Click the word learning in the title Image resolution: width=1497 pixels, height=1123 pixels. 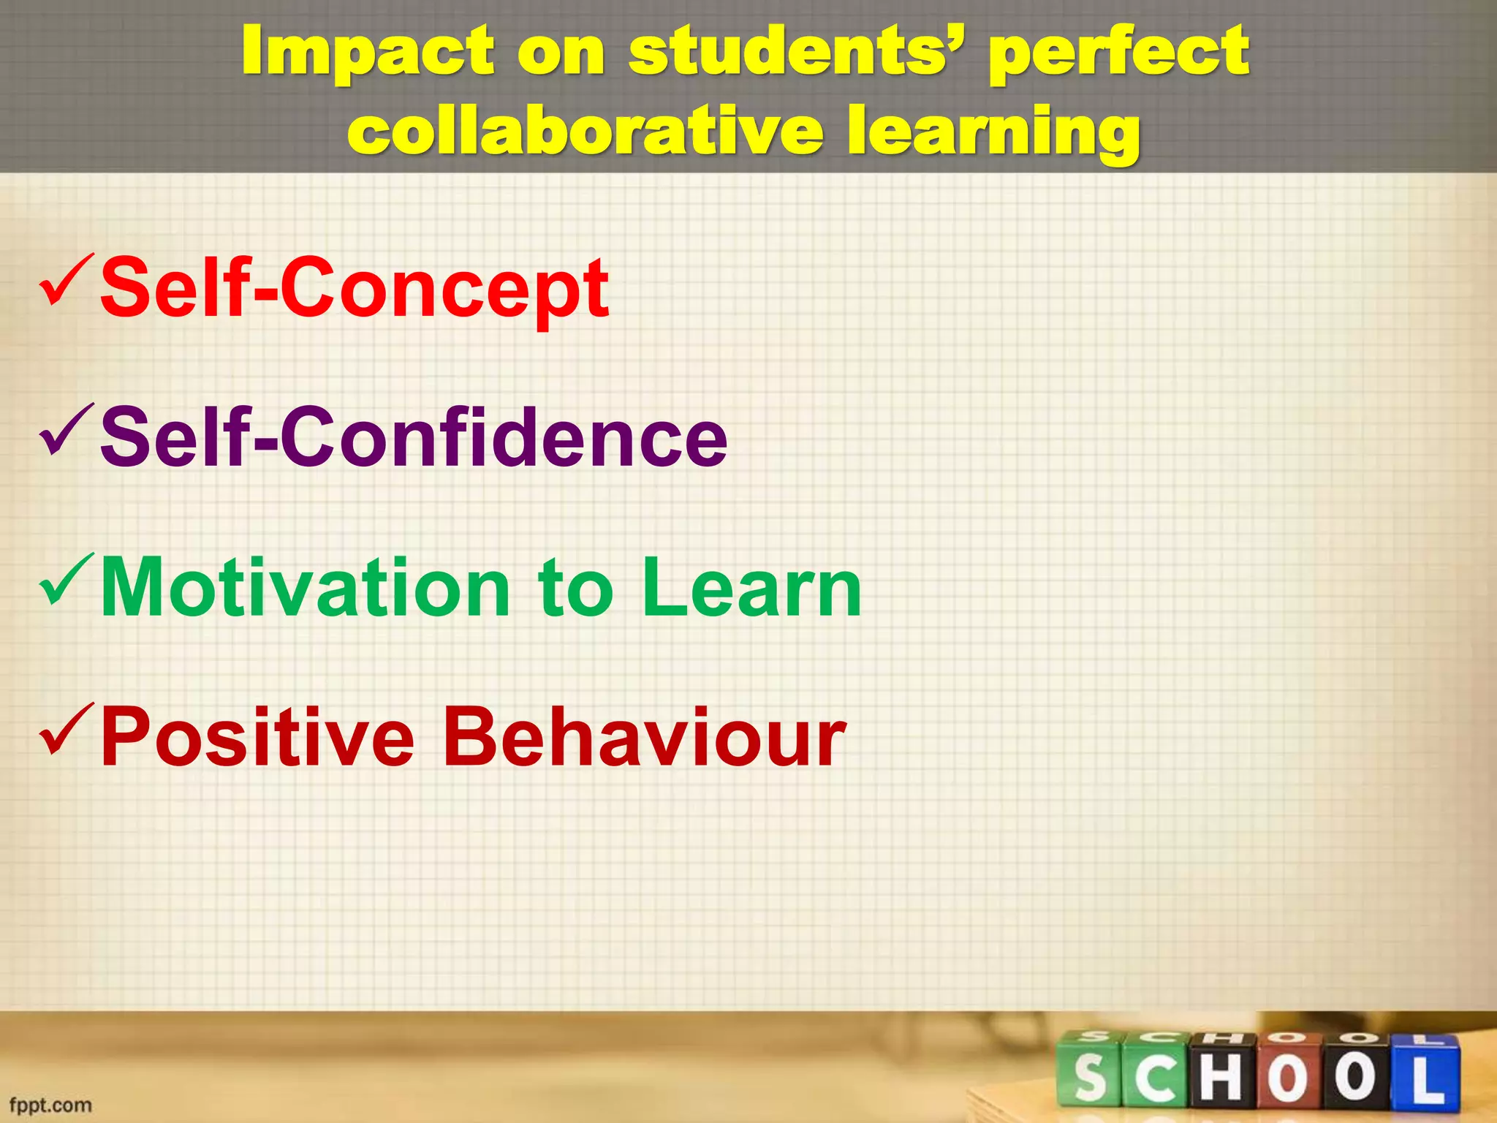click(x=993, y=132)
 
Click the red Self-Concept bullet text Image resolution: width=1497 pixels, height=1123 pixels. click(x=355, y=288)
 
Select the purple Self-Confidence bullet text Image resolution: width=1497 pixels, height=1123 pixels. click(x=414, y=438)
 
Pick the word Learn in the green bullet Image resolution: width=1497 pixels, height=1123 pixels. click(x=752, y=588)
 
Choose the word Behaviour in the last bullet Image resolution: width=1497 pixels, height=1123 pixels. click(x=644, y=738)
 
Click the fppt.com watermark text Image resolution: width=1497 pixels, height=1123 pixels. click(x=50, y=1105)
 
